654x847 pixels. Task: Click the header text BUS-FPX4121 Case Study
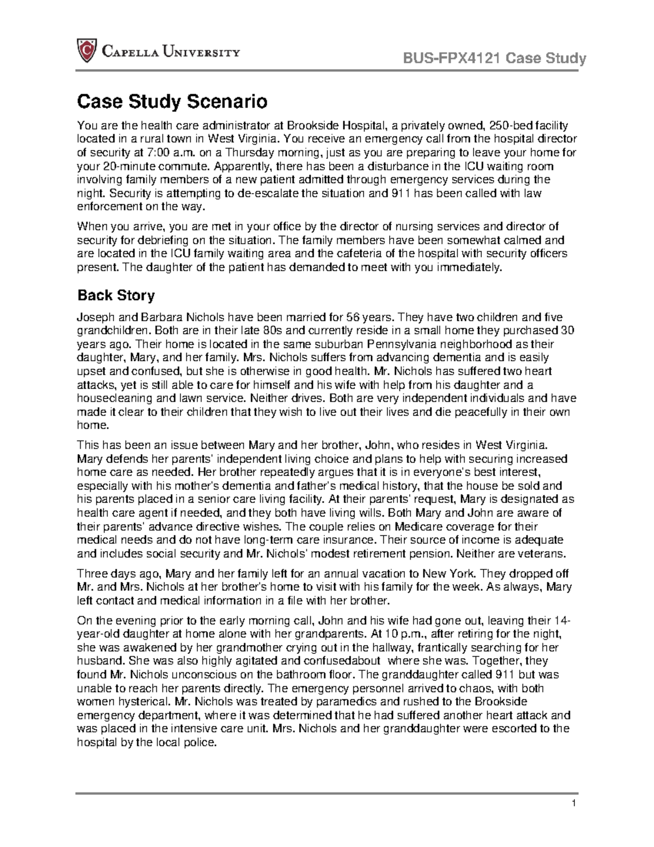pos(493,58)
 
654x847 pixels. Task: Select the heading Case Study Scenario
pos(172,101)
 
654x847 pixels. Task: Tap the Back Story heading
pos(116,296)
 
